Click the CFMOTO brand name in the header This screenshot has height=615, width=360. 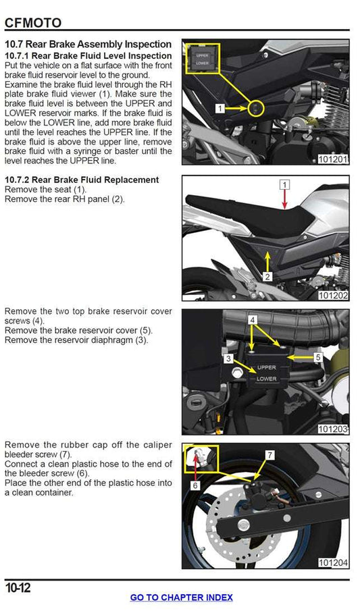pos(33,22)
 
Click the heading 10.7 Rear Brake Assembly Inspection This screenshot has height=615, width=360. pos(88,44)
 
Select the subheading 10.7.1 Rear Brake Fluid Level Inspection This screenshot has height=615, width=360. pos(88,55)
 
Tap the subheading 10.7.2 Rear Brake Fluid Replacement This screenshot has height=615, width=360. pos(82,180)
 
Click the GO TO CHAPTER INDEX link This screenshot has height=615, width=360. pos(181,597)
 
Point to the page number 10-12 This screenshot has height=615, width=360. pos(18,588)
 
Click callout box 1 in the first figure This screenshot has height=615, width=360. pos(220,108)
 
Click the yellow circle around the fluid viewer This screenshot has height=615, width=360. pos(256,107)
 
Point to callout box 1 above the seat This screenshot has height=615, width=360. pos(285,184)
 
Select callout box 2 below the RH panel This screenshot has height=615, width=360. pos(267,277)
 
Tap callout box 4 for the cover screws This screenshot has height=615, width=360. pos(252,319)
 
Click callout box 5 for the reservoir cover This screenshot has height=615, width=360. pos(319,356)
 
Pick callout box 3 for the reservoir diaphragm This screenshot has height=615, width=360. pos(230,358)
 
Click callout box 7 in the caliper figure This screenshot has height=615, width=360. pos(269,455)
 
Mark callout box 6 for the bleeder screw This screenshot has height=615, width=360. pos(195,485)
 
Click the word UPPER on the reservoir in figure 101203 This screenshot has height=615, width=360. pos(267,368)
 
